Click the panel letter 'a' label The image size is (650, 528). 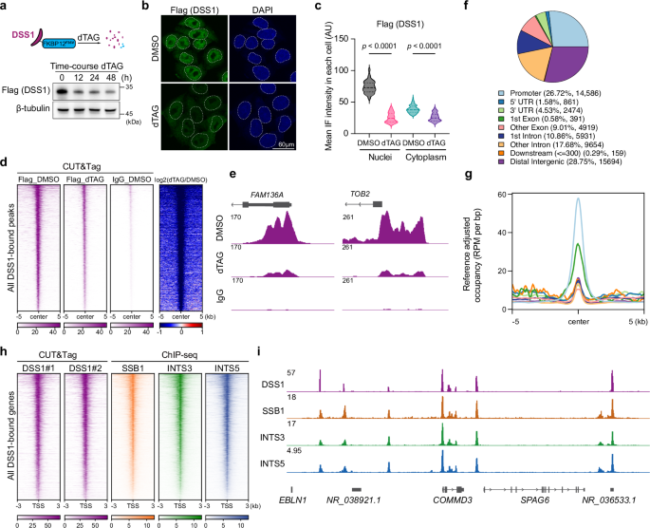click(x=6, y=7)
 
